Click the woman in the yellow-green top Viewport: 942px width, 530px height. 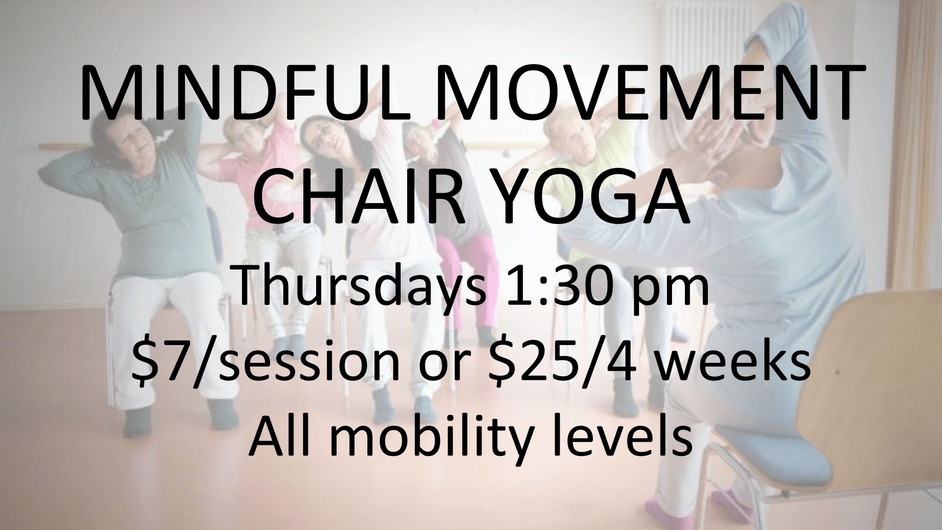coord(584,184)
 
